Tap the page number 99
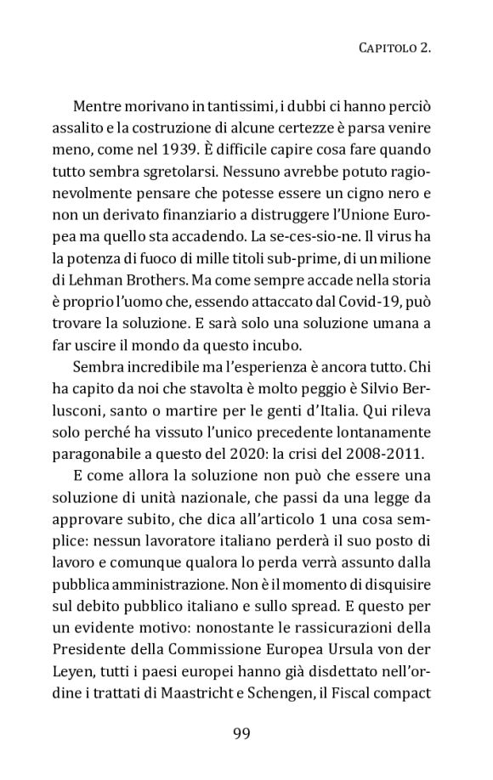coord(246,733)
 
